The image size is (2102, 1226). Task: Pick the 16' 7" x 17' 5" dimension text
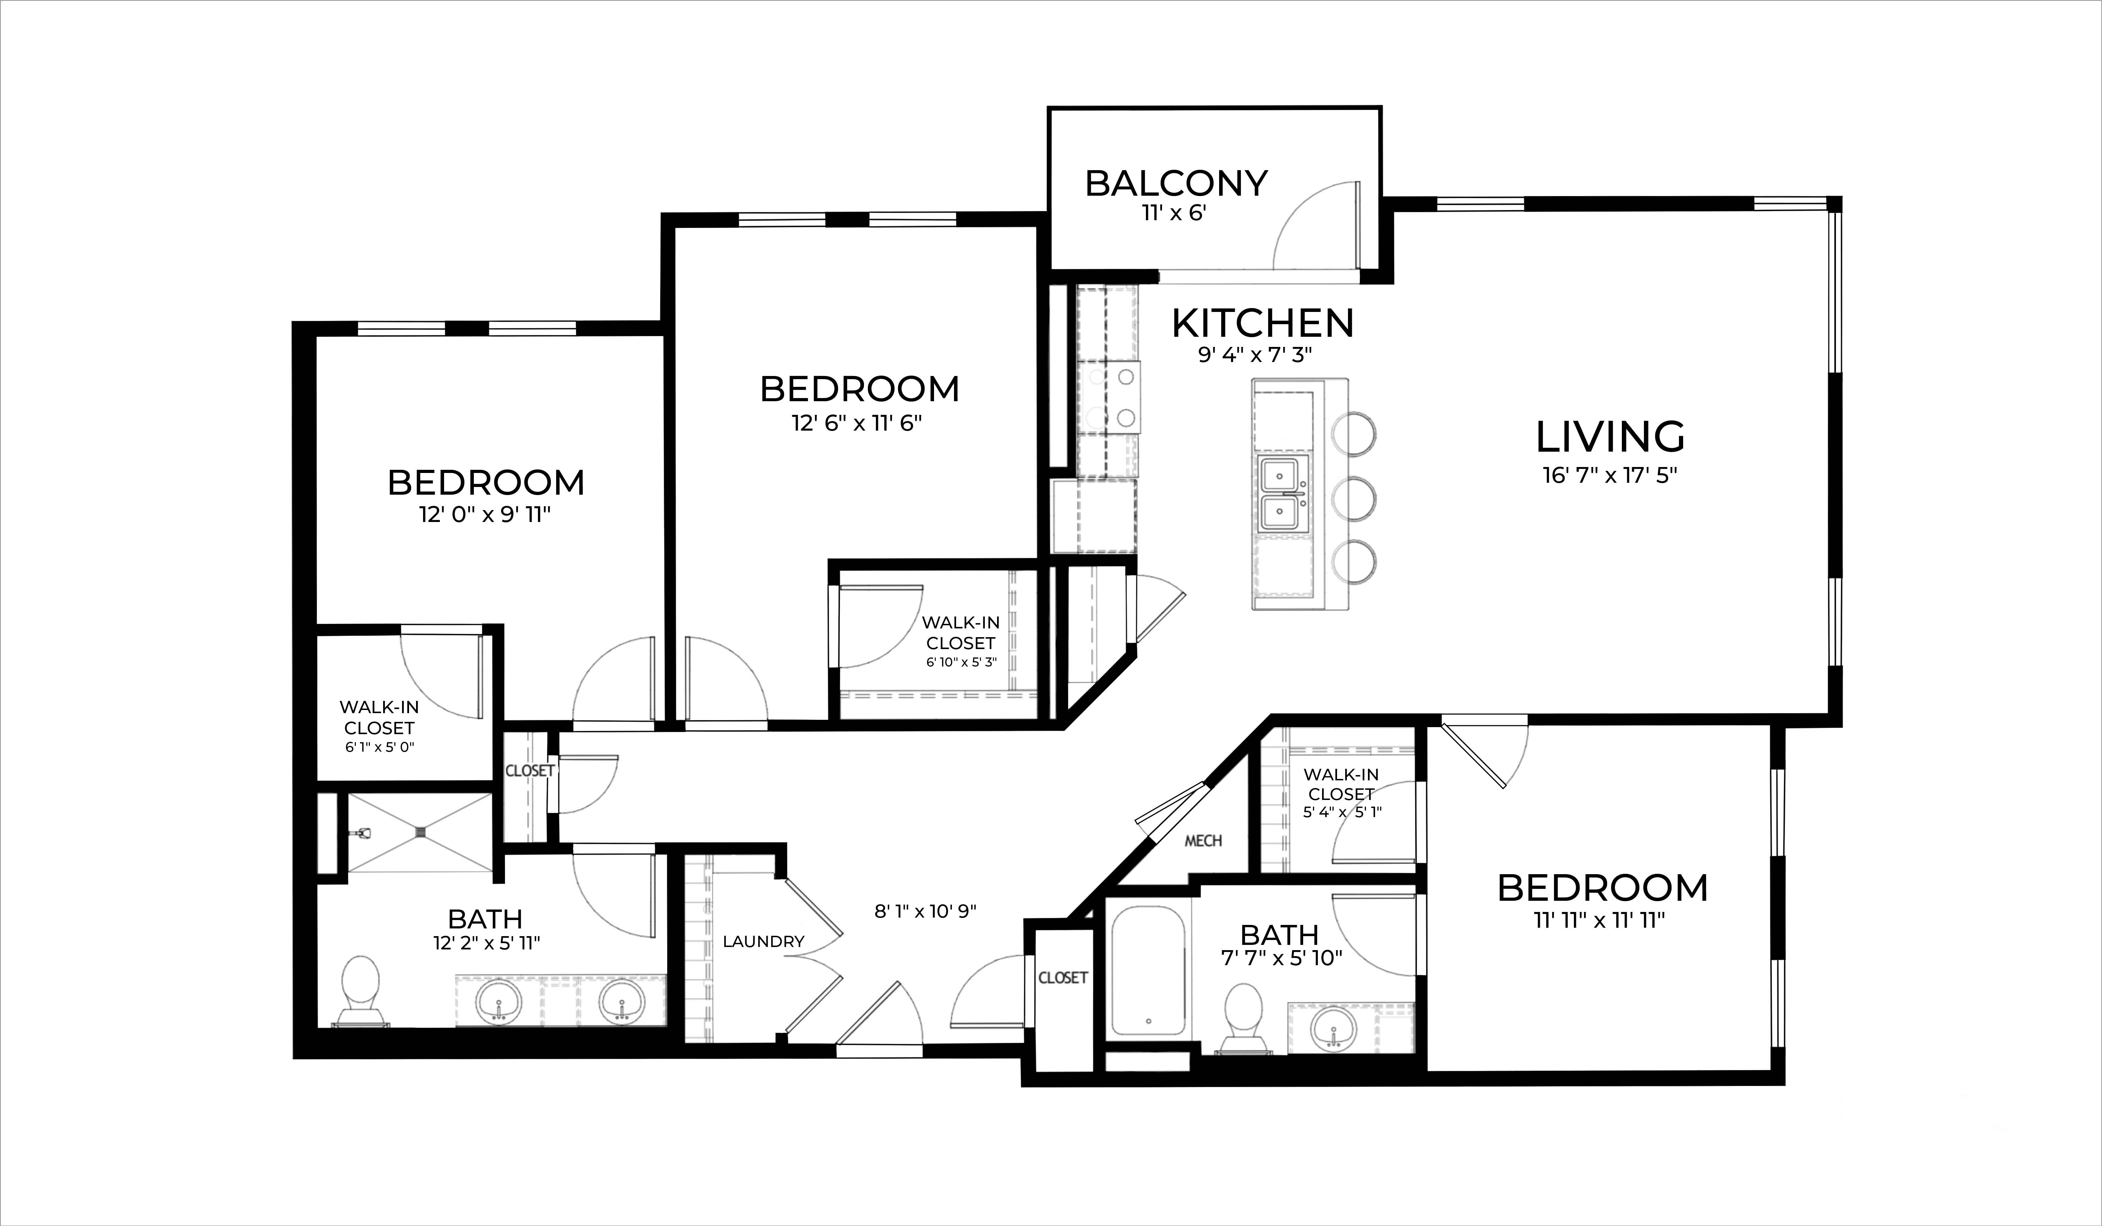(x=1610, y=475)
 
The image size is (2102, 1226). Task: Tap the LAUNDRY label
(x=763, y=942)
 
